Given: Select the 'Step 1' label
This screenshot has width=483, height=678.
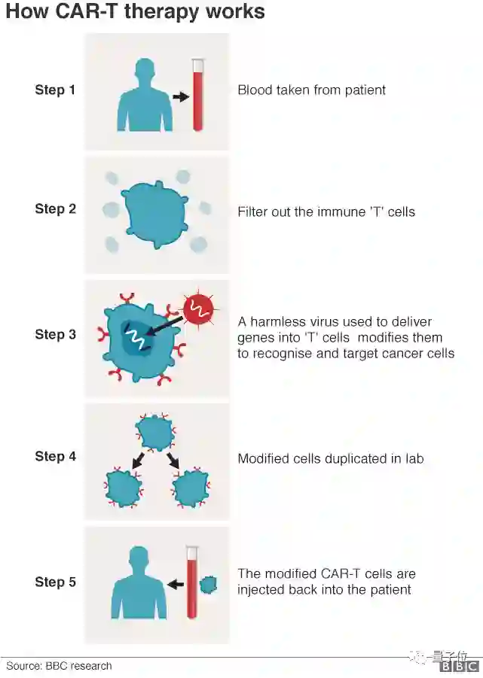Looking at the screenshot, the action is point(55,90).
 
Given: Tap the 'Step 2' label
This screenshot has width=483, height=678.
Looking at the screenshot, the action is point(55,209).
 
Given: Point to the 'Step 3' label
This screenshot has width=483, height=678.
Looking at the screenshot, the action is point(55,334).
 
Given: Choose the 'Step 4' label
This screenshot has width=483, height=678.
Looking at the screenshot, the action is point(55,456).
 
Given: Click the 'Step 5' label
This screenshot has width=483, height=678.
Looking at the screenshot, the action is point(55,582).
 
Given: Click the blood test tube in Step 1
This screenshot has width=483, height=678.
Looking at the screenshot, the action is point(198,94).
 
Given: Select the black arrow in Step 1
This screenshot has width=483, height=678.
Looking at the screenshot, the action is point(180,96).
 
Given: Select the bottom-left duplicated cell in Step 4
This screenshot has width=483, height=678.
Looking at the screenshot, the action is point(123,488).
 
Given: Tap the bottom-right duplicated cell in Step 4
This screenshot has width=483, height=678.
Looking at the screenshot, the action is point(191,488).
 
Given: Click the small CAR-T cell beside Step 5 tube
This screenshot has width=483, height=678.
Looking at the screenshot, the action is point(208,583).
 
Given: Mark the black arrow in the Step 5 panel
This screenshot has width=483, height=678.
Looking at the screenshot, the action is point(176,583).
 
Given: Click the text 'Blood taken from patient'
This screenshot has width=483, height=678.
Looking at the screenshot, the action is point(311,90).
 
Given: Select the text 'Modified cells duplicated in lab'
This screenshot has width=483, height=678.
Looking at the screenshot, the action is point(330,458).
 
